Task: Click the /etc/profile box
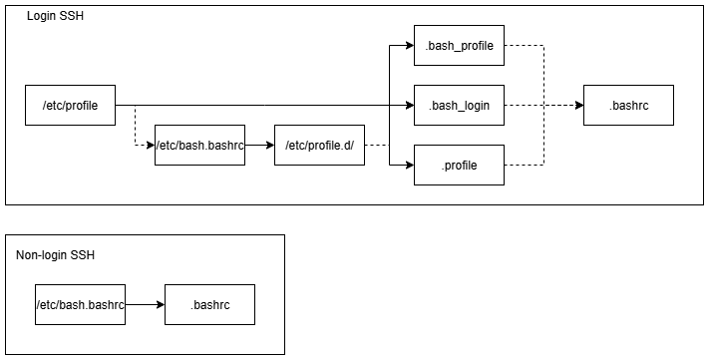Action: pos(70,105)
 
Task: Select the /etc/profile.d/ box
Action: pos(319,145)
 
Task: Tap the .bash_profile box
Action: pos(459,45)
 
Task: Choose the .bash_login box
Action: pos(459,105)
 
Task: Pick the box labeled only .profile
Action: pos(459,165)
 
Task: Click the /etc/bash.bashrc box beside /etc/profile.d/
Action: pos(199,145)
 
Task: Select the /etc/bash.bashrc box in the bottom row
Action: pos(80,304)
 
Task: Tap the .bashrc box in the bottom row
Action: pos(209,304)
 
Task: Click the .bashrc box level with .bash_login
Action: pos(628,105)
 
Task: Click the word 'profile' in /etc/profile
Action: pos(82,105)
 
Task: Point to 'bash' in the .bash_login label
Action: pos(444,105)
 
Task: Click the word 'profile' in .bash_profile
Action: pos(476,45)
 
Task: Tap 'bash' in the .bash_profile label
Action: pos(440,45)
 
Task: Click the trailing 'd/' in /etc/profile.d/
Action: pos(347,145)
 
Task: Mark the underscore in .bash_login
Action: pos(458,108)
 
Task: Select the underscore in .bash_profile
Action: pos(455,48)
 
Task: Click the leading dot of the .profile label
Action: pos(443,167)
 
